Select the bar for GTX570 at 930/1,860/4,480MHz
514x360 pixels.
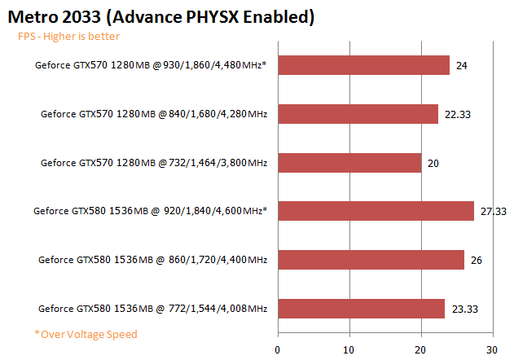point(364,65)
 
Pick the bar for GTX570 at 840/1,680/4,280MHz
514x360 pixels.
point(358,114)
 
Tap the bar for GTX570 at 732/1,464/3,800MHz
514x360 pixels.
point(350,163)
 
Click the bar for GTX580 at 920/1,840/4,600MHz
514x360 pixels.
point(376,211)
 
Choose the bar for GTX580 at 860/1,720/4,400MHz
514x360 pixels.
point(371,260)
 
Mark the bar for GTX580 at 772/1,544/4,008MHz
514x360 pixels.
point(362,309)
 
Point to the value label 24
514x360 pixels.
point(462,65)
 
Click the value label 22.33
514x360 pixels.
point(456,114)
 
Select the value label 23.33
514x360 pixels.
point(463,309)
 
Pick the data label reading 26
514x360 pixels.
point(477,260)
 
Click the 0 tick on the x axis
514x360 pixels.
point(279,349)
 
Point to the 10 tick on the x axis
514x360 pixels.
point(349,349)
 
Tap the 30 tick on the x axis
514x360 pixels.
point(491,349)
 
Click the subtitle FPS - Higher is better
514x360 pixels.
point(69,37)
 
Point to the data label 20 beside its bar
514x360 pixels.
point(433,163)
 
